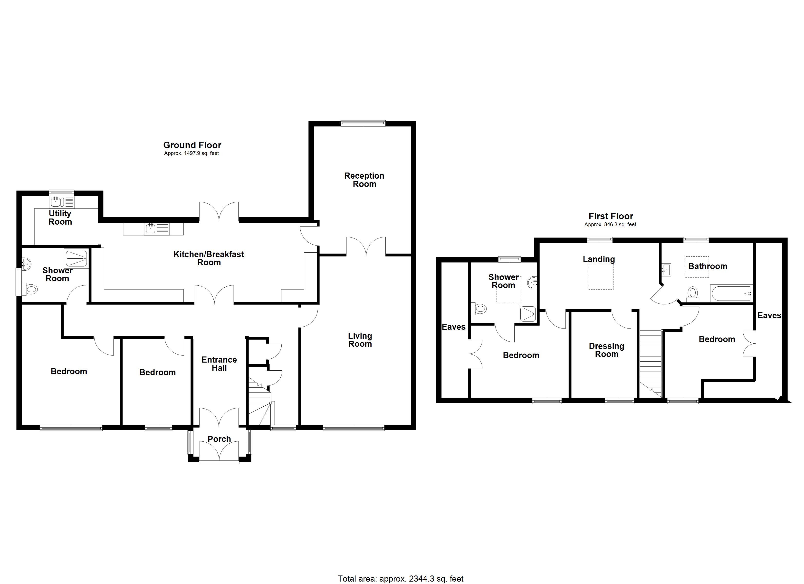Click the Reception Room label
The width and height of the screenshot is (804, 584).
click(x=364, y=180)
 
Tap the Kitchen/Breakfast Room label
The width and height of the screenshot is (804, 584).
click(x=209, y=258)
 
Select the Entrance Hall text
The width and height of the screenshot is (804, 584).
click(x=219, y=364)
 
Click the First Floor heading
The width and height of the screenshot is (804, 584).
click(x=611, y=216)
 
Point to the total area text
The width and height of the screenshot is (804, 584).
click(x=401, y=579)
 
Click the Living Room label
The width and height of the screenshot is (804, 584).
click(x=360, y=340)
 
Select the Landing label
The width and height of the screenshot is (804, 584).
click(x=599, y=259)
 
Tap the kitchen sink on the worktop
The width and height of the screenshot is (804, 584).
click(x=151, y=228)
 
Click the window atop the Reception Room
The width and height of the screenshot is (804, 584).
click(x=363, y=123)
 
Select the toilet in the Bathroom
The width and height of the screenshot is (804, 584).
click(x=692, y=294)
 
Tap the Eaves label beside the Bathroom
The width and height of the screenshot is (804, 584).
click(x=769, y=315)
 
